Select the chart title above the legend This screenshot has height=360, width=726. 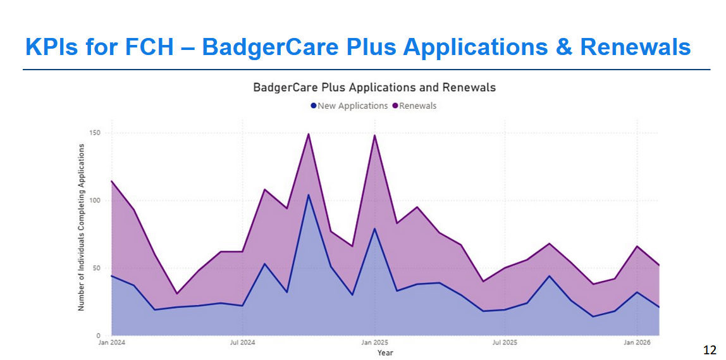(374, 87)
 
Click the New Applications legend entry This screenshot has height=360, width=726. (350, 106)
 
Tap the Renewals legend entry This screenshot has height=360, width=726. (414, 106)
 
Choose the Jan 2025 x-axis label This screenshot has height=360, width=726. (374, 343)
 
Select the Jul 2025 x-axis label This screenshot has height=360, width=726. (504, 343)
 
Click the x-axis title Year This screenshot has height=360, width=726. (385, 353)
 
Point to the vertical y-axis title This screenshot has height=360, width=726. (81, 227)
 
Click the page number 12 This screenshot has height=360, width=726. (710, 350)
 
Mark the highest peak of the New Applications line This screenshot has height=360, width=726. (309, 195)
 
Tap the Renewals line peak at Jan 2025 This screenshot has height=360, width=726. (374, 135)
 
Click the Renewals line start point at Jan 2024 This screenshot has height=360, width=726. (112, 181)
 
